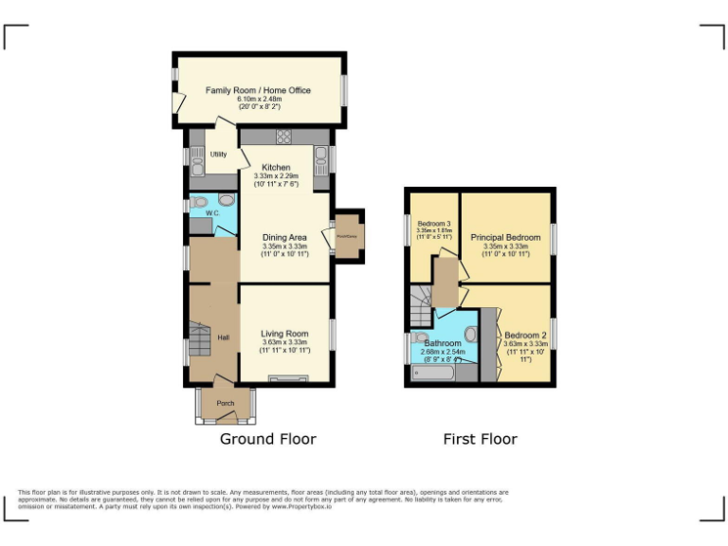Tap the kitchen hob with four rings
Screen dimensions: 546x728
tap(282, 137)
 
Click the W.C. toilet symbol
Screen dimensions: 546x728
tap(226, 201)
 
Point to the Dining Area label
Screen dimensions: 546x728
tap(284, 237)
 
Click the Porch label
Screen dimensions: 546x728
tap(226, 404)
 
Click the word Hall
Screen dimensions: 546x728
tap(224, 338)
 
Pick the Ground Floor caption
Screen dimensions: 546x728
tap(267, 439)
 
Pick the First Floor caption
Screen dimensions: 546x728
tap(480, 439)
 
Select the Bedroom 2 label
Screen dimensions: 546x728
tap(525, 336)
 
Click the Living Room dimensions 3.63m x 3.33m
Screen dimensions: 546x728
tap(284, 343)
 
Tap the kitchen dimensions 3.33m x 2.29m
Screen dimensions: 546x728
tap(276, 176)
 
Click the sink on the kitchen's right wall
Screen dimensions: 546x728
tap(322, 156)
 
